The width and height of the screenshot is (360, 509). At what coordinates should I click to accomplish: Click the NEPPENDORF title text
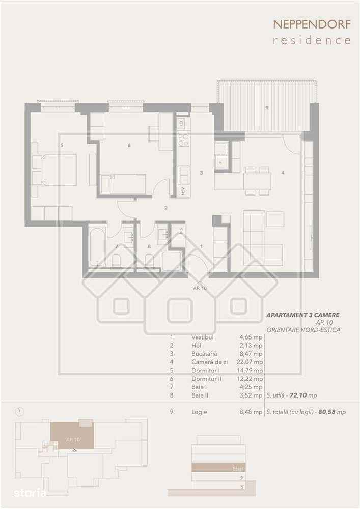[x=312, y=24]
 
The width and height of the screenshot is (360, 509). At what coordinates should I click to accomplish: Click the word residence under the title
[x=312, y=40]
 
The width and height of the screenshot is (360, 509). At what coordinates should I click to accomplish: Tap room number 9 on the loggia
[x=267, y=108]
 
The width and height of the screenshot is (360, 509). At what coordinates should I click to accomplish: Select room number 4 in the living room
[x=283, y=173]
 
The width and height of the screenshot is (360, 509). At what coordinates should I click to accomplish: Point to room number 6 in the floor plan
[x=129, y=146]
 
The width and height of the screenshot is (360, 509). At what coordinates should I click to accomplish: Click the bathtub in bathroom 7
[x=96, y=247]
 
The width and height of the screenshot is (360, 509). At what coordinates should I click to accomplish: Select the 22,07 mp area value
[x=251, y=362]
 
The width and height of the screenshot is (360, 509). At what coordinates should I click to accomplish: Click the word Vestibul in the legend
[x=202, y=337]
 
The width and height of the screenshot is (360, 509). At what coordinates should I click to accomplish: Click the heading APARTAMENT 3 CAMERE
[x=303, y=316]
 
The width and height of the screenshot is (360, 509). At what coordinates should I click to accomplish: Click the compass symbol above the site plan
[x=18, y=411]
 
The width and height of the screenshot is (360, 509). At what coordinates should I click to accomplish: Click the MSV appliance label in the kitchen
[x=182, y=192]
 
